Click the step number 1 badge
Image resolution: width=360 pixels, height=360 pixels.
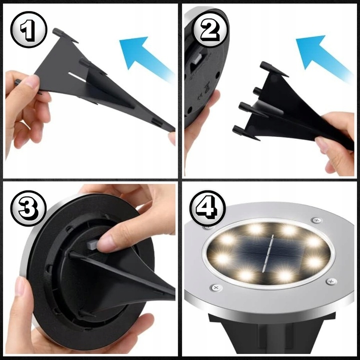pyautogui.click(x=28, y=29)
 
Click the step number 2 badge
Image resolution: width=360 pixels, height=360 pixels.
pyautogui.click(x=210, y=29)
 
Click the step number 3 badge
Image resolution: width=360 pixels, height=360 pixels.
pyautogui.click(x=28, y=208)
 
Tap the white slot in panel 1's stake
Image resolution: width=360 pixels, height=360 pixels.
pyautogui.click(x=77, y=77)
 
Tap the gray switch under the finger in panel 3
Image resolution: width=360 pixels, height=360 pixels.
pyautogui.click(x=92, y=244)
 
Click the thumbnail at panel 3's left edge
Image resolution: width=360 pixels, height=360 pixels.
pyautogui.click(x=19, y=286)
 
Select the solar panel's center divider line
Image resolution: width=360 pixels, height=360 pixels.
pyautogui.click(x=267, y=253)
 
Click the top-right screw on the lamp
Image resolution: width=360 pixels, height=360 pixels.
pyautogui.click(x=317, y=220)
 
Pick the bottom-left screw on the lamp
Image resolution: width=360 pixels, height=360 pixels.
pyautogui.click(x=216, y=287)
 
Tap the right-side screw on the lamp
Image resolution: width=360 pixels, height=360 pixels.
pyautogui.click(x=331, y=281)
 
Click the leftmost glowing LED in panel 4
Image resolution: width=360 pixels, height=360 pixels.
pyautogui.click(x=222, y=258)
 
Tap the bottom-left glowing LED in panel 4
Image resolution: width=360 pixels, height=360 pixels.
pyautogui.click(x=245, y=275)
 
